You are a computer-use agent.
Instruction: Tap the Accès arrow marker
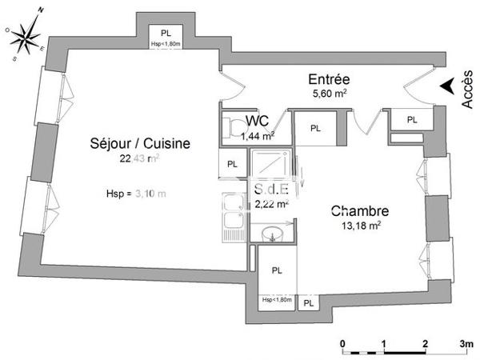(450, 84)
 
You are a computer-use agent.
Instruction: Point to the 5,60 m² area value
(329, 94)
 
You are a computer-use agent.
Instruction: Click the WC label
(257, 121)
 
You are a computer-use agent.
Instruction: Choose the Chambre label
(360, 212)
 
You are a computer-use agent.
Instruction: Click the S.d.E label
(270, 190)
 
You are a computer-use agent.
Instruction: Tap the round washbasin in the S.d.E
(272, 234)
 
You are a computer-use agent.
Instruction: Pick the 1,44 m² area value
(258, 136)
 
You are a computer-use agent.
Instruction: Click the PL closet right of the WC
(315, 128)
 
